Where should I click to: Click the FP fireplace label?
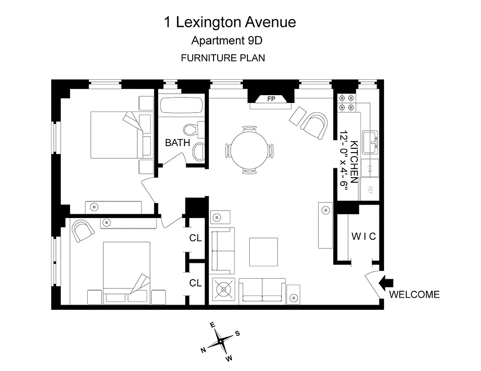coord(271,98)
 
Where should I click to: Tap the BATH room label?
coord(177,143)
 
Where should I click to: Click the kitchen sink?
coord(371,142)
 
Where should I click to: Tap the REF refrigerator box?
coord(371,189)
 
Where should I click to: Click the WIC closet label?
coord(363,237)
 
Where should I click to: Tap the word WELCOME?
coord(414,294)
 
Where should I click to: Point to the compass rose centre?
coord(221,342)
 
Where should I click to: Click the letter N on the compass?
coord(203,350)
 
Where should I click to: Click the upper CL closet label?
coord(195,238)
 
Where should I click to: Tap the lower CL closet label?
coord(195,282)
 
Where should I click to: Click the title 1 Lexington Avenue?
coord(230,22)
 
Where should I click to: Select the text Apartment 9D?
coord(227,41)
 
